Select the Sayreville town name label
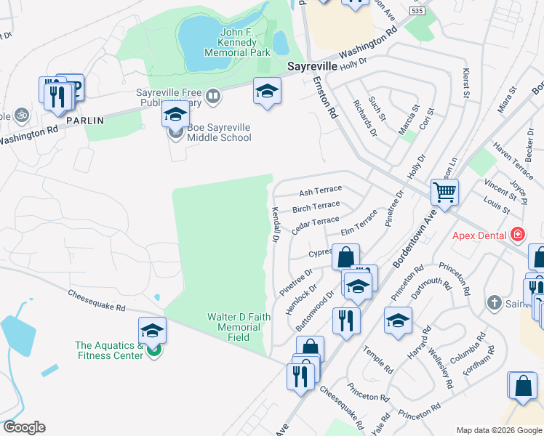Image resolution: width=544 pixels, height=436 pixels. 312,65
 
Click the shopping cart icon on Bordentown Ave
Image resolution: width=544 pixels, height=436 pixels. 444,193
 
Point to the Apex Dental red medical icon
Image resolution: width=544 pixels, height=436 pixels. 517,234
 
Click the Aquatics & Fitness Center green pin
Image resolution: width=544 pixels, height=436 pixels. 153,350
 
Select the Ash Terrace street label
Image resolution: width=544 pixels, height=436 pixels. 320,191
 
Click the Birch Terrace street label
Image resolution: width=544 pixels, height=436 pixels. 316,207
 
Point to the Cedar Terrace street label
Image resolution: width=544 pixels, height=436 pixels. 314,225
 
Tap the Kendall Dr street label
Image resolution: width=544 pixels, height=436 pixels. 276,225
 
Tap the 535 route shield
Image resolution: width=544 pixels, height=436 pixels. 417,12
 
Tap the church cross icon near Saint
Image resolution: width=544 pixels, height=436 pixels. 493,302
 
